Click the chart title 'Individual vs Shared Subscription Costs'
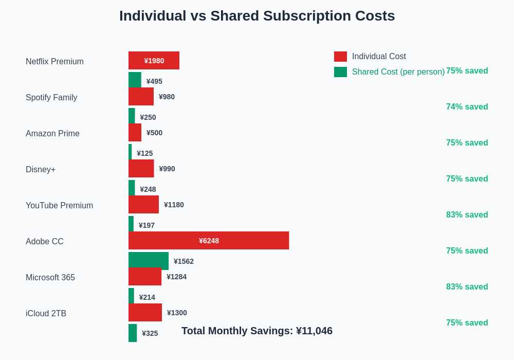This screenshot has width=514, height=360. click(257, 16)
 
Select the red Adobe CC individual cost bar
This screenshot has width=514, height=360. click(209, 240)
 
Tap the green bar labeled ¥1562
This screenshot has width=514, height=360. click(149, 261)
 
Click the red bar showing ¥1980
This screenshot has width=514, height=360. click(154, 60)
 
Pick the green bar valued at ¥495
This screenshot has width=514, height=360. click(135, 80)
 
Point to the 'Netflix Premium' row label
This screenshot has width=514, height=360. click(54, 62)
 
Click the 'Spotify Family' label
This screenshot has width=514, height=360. click(51, 98)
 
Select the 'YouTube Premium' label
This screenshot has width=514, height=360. click(59, 206)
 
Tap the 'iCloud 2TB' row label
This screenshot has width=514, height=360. click(46, 314)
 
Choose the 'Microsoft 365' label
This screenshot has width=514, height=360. click(50, 278)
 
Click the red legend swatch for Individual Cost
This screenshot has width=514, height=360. click(340, 57)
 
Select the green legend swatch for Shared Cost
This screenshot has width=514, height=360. click(340, 72)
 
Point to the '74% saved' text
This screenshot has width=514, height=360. click(467, 107)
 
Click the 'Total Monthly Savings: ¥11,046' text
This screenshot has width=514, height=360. click(257, 331)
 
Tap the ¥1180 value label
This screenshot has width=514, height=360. click(174, 205)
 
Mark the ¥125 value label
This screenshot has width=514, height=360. click(144, 153)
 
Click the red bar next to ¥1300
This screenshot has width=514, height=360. click(145, 312)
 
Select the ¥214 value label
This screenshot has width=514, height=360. click(147, 297)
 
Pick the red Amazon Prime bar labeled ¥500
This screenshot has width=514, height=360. click(135, 132)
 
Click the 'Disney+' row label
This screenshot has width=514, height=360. click(41, 170)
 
